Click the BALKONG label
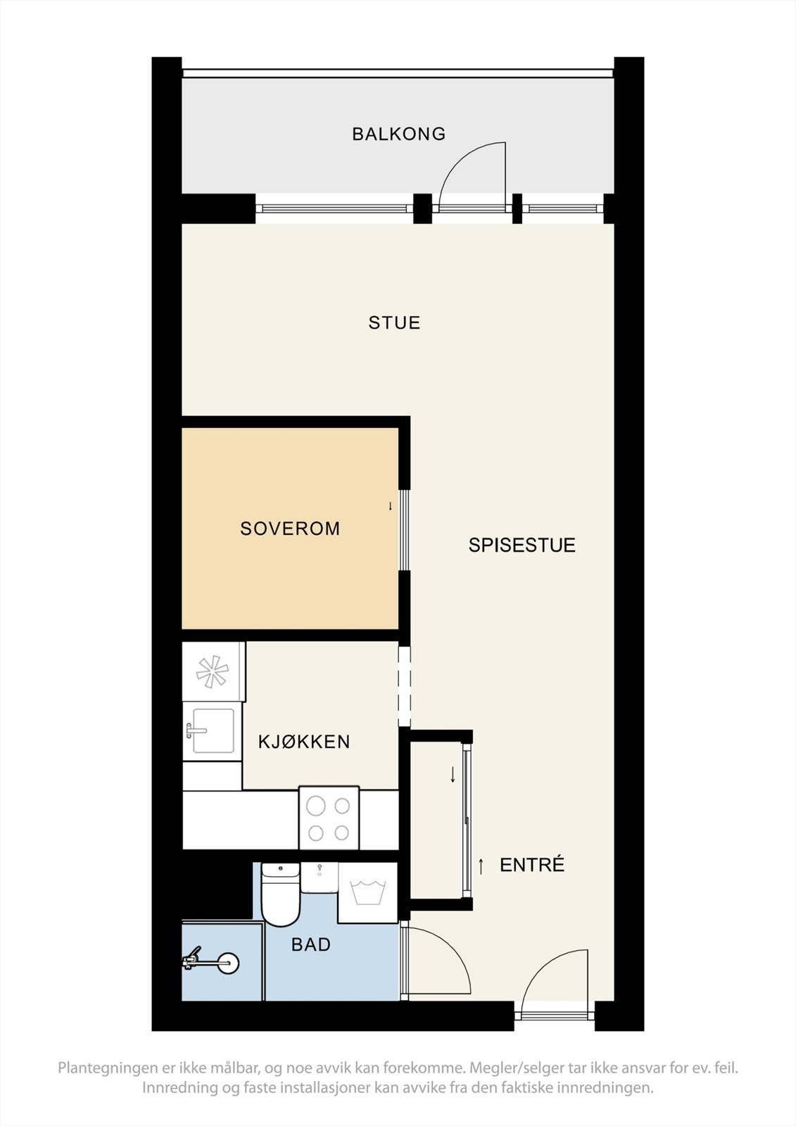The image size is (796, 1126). [x=398, y=134]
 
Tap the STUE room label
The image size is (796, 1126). [x=394, y=323]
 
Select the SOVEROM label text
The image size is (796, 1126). [x=290, y=529]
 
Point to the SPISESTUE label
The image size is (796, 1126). [x=522, y=545]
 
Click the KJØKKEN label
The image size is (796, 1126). [x=304, y=742]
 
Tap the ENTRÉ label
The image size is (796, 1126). [x=532, y=865]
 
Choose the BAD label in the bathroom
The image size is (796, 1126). [x=311, y=944]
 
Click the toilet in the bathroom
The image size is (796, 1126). [x=280, y=895]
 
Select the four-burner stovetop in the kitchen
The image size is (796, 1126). [x=329, y=818]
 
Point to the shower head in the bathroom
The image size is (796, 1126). [x=227, y=963]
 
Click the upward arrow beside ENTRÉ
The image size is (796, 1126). [x=481, y=866]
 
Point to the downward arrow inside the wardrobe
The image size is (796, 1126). [x=453, y=775]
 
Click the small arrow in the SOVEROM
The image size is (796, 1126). [x=391, y=506]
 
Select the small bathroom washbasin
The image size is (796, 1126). [x=320, y=877]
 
